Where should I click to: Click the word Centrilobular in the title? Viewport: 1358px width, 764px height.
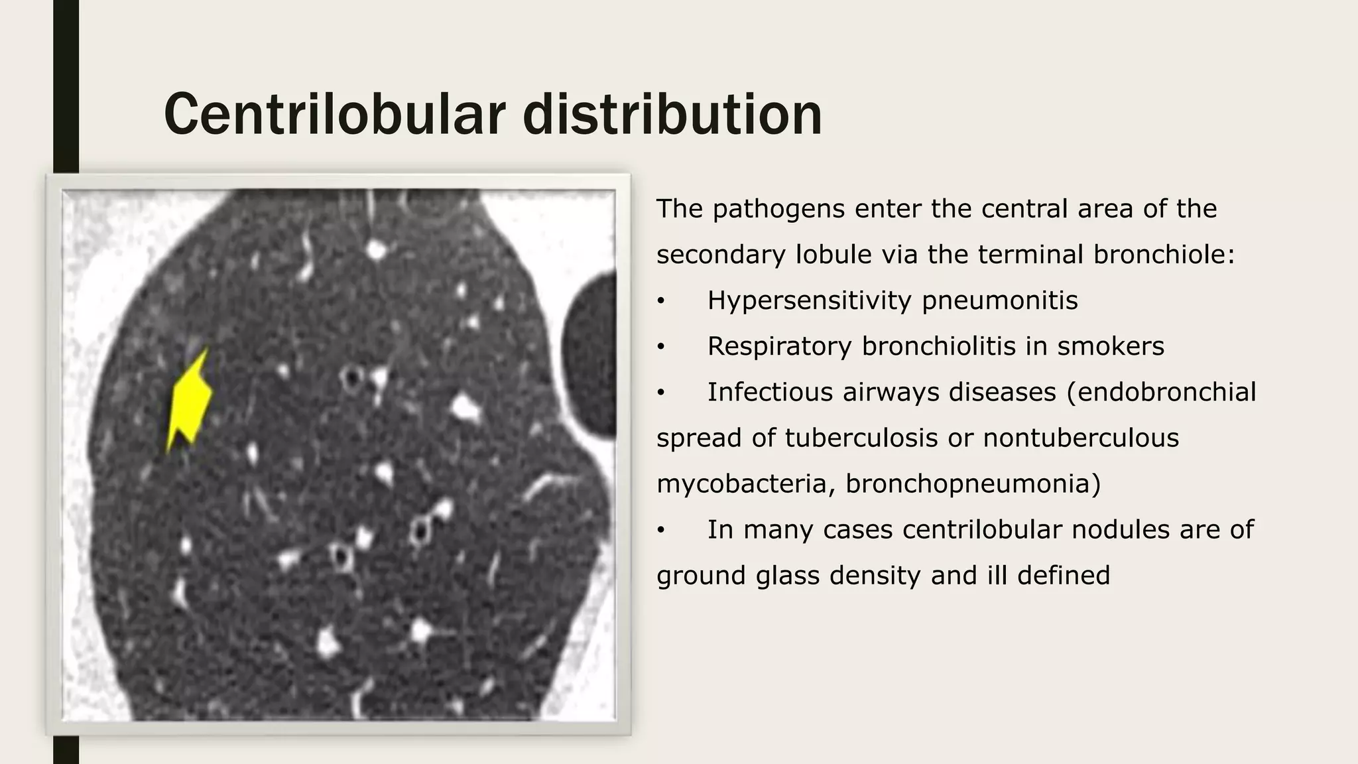tap(335, 114)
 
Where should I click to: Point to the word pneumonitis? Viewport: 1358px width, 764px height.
tap(999, 300)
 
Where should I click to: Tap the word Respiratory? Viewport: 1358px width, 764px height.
tap(779, 346)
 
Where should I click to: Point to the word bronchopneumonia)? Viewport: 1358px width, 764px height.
tap(973, 483)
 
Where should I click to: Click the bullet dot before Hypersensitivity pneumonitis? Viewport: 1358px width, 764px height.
tap(660, 302)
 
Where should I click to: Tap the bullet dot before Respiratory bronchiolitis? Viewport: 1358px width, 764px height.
tap(660, 348)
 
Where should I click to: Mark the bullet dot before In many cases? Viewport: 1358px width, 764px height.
tap(660, 531)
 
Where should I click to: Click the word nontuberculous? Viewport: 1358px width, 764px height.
tap(1080, 438)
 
